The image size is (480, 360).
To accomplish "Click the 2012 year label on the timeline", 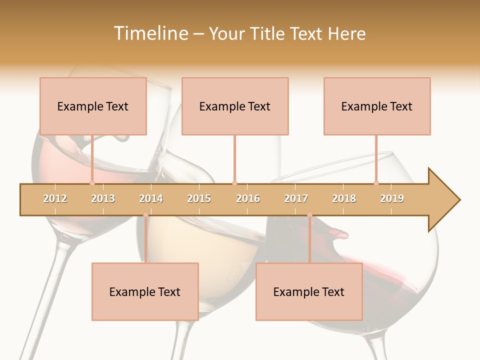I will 55,198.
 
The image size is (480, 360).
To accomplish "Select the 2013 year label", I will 103,198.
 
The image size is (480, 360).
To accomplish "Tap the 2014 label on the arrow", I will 151,198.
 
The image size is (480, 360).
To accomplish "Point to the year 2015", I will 199,198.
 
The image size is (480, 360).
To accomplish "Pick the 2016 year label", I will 248,198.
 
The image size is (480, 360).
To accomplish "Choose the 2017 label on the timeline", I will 296,198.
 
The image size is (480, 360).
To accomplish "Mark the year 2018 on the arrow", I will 344,198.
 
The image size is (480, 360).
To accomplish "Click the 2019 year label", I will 392,198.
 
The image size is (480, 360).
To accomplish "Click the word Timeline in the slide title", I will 150,33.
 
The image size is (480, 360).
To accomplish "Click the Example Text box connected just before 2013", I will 93,106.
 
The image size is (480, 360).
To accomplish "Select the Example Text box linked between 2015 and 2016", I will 235,106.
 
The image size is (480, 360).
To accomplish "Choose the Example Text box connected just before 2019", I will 377,106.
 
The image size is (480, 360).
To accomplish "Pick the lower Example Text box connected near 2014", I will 145,291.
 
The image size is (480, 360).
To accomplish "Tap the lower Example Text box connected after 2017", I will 309,291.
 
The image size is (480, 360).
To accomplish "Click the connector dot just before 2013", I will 92,183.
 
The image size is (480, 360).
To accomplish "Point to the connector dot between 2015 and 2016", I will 234,183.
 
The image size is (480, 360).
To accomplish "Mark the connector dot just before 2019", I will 376,183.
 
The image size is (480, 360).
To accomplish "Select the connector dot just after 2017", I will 309,215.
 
